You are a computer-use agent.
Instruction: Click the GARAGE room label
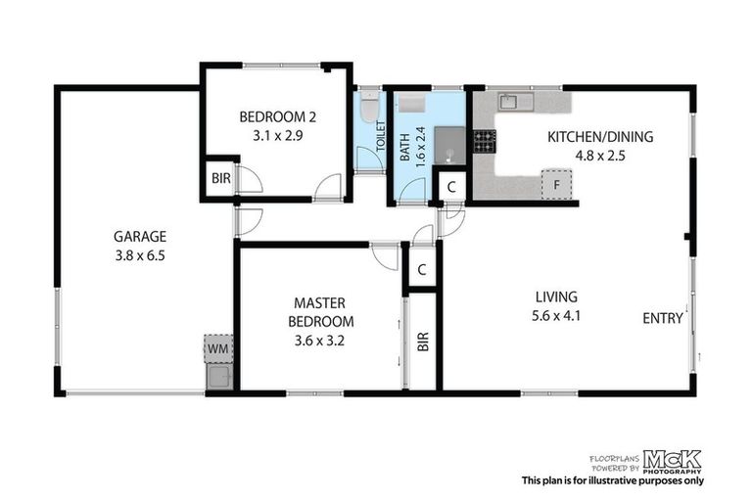[140, 236]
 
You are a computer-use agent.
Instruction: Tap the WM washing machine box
[215, 347]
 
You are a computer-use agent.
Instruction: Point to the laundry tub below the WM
[218, 377]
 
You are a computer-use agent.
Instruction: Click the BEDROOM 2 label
[277, 117]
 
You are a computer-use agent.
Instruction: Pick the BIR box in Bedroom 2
[217, 179]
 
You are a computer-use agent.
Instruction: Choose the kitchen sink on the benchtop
[512, 101]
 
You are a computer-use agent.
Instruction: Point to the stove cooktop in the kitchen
[484, 141]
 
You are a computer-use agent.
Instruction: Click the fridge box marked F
[555, 184]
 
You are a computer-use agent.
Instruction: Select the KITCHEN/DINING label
[599, 136]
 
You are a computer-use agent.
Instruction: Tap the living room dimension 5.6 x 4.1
[555, 316]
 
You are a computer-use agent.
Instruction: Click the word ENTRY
[662, 318]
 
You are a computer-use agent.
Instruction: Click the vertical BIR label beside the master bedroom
[423, 342]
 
